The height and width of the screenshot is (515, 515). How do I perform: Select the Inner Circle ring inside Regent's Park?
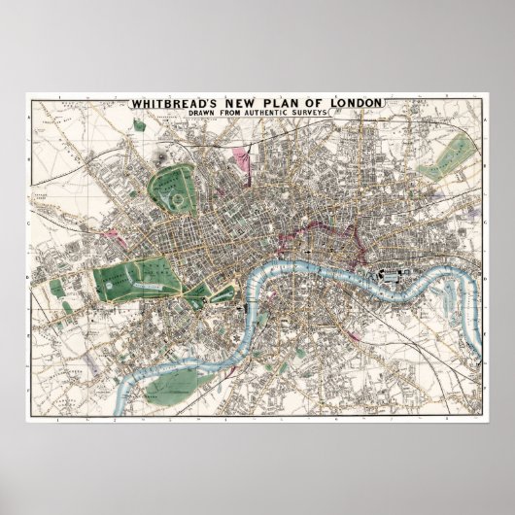tap(175, 195)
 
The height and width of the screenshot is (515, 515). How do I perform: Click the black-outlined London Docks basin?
tap(390, 275)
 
